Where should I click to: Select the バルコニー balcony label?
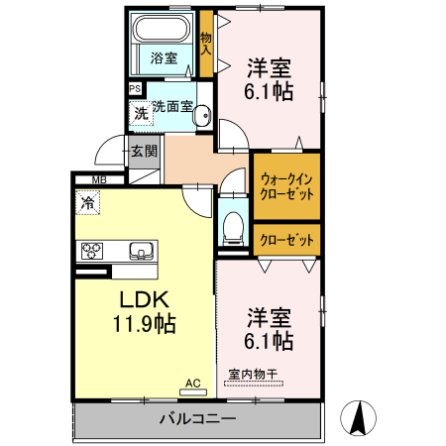(197, 419)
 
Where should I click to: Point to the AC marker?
(192, 381)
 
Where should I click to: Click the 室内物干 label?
(253, 374)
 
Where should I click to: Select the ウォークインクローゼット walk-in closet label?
(287, 186)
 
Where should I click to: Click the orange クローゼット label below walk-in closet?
(287, 239)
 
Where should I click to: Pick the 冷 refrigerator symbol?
(87, 203)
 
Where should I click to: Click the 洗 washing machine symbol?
(142, 114)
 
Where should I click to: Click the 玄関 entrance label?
(144, 152)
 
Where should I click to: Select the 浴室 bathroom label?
(164, 57)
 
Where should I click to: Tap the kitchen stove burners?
(92, 250)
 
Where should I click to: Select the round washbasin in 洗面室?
(204, 114)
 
